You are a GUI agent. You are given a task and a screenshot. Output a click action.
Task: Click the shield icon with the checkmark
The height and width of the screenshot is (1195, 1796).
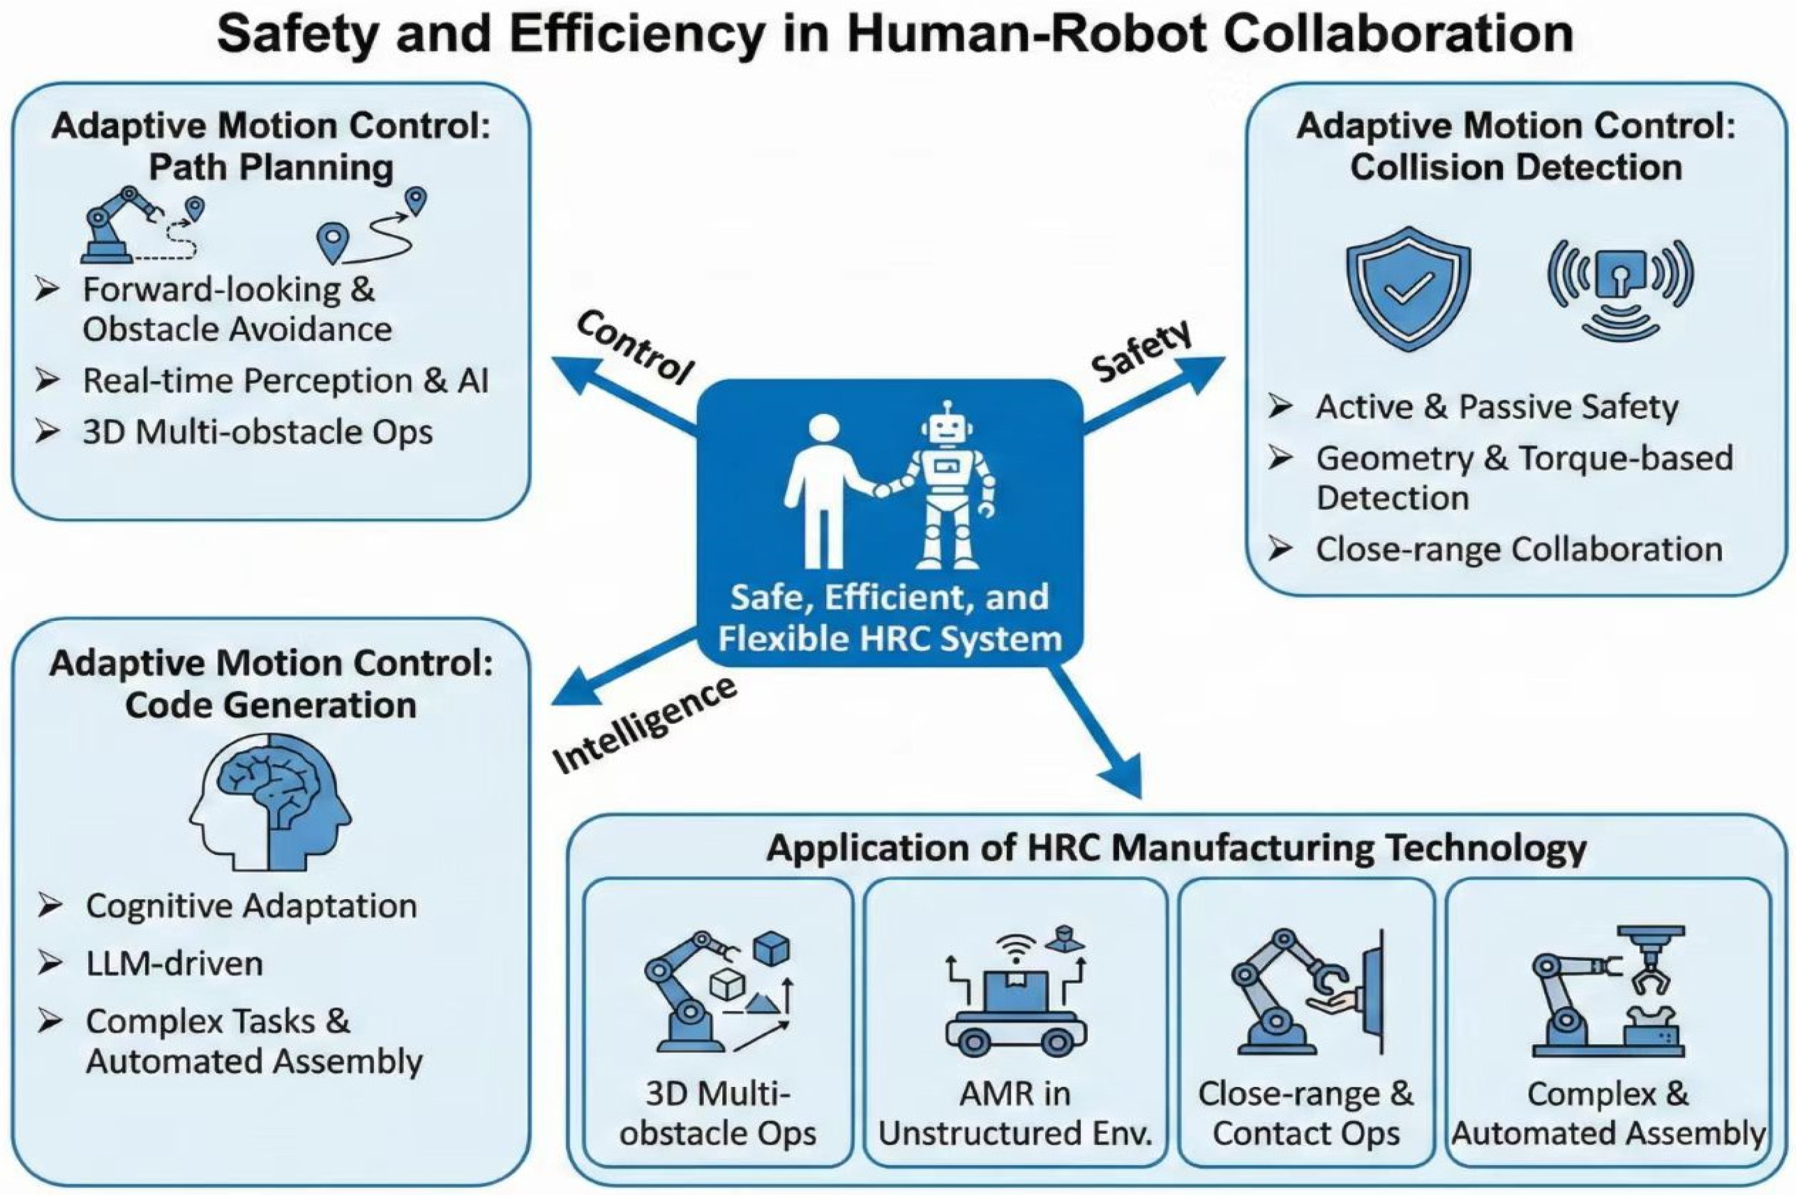click(1408, 288)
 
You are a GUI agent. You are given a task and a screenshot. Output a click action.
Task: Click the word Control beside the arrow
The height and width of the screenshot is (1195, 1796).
click(635, 347)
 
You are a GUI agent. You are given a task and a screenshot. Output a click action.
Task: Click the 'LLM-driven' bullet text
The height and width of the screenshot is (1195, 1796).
click(175, 964)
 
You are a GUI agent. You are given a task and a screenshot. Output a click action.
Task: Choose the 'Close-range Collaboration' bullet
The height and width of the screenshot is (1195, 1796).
click(1519, 549)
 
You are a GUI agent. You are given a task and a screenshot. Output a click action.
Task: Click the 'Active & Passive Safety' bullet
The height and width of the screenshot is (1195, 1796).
click(1497, 406)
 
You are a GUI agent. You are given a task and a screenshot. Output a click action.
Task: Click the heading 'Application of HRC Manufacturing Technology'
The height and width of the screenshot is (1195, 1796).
click(1176, 847)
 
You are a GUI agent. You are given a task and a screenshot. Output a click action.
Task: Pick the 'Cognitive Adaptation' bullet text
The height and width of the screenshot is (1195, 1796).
click(252, 906)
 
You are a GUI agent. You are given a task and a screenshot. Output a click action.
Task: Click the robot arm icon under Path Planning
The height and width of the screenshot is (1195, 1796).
click(122, 225)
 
